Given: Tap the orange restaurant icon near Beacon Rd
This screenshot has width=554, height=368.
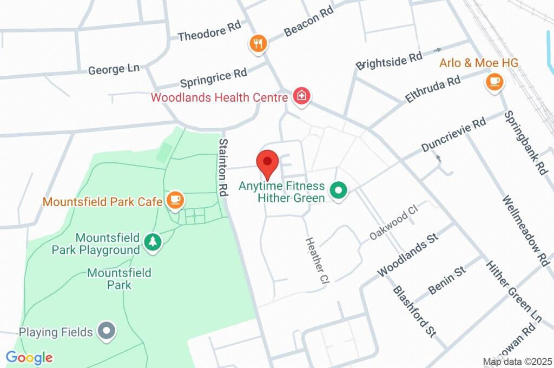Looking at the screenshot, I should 258,44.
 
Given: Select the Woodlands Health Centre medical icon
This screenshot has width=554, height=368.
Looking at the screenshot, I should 300,97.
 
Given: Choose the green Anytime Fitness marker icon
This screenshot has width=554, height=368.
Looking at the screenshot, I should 339,190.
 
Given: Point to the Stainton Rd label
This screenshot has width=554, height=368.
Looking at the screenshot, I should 223,167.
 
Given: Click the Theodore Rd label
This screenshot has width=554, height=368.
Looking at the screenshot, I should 209,33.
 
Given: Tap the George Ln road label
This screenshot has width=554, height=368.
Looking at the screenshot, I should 114,69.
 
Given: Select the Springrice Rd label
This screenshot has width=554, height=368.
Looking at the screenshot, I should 213,78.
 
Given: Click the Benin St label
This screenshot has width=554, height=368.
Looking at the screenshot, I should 447,280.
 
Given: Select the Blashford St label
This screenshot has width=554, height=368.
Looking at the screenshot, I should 414,311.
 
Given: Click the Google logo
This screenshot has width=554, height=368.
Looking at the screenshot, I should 29,357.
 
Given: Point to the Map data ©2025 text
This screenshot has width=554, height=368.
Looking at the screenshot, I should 517,362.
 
